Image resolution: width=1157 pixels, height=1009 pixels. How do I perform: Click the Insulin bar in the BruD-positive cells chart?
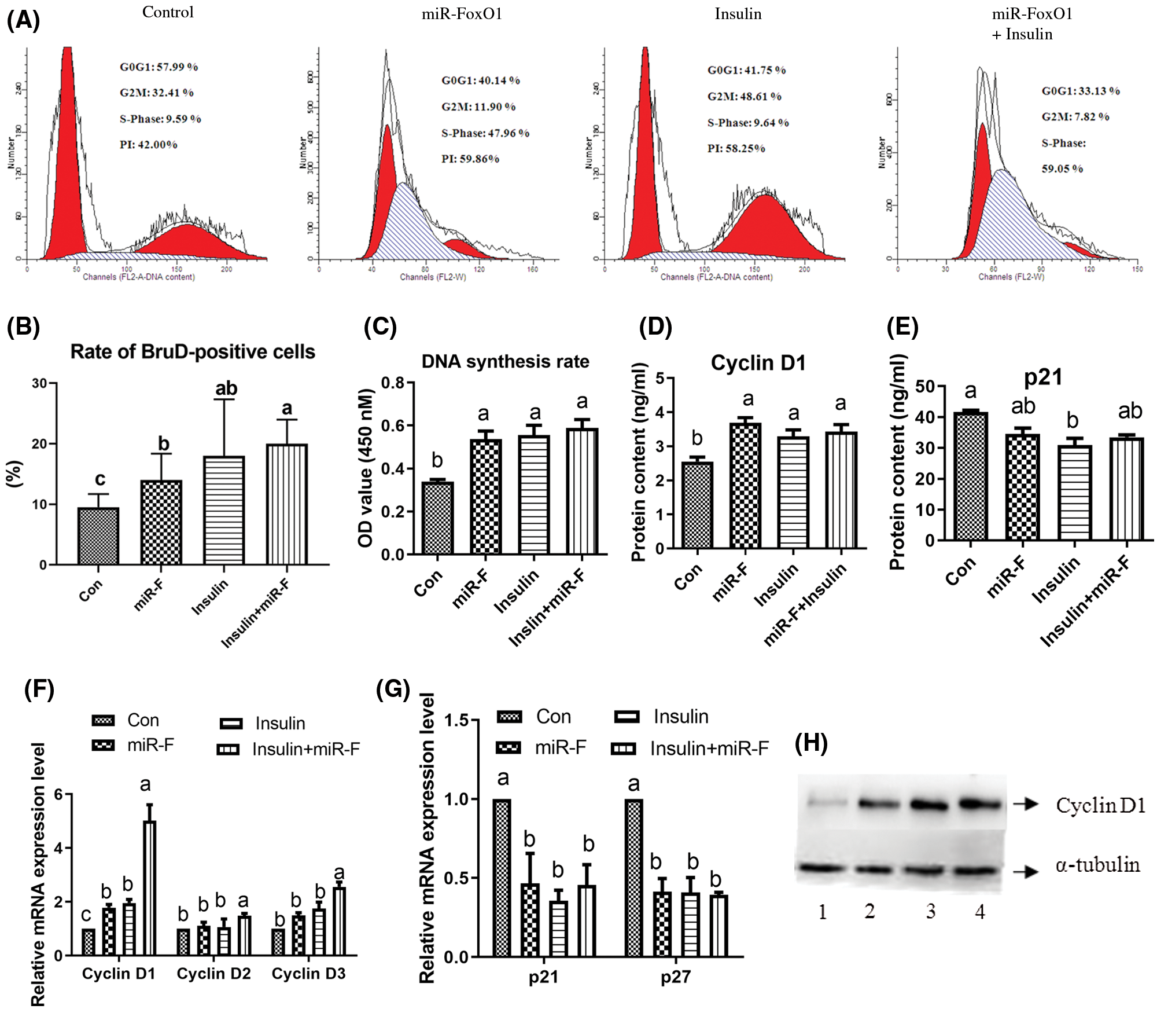tap(224, 509)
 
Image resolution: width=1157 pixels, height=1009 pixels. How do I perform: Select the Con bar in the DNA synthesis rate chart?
tap(437, 518)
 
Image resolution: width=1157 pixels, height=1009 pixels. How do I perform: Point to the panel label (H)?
tap(811, 743)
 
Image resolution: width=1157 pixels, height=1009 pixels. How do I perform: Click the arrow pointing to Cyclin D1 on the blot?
tap(1026, 803)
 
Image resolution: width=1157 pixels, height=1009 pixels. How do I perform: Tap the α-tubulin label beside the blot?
tap(1097, 865)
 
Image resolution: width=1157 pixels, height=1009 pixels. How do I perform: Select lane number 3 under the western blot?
tap(930, 912)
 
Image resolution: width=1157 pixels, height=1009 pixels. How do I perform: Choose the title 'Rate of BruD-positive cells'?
tap(193, 351)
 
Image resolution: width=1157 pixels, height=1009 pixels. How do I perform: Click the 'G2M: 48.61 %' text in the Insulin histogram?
tap(744, 96)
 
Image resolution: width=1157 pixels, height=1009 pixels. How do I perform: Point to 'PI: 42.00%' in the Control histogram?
tap(149, 145)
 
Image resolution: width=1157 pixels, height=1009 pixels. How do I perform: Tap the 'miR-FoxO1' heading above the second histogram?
tap(462, 14)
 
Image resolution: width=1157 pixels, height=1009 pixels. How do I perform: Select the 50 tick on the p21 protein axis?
tap(927, 386)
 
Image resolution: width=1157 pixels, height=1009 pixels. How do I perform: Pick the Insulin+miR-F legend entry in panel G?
tap(690, 749)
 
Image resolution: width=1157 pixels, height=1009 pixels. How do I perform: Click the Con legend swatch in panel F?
tap(104, 720)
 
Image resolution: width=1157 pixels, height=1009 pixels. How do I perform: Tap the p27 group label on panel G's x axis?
tap(676, 977)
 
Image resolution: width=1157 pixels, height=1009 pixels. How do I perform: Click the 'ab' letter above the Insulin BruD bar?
tap(226, 388)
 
